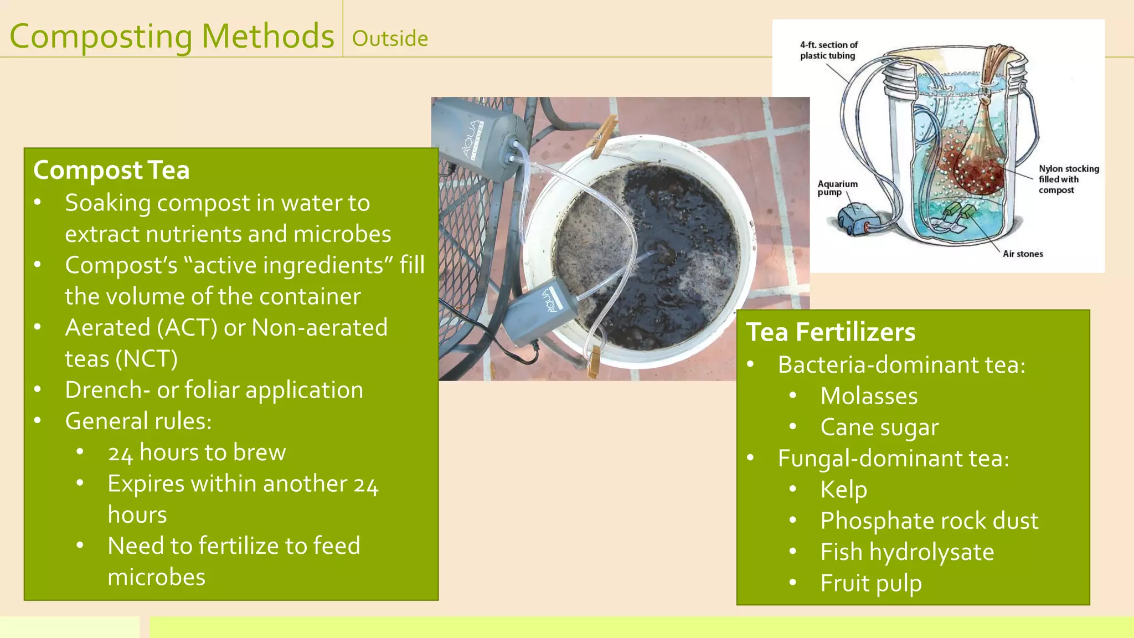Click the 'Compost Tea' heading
pos(111,170)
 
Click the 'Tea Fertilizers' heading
pos(831,332)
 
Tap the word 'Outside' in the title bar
pos(390,39)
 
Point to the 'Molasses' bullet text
pos(869,396)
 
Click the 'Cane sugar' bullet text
pos(879,428)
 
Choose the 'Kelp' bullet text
pos(843,490)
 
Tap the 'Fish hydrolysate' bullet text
pos(907,552)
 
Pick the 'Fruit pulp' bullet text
pos(871,583)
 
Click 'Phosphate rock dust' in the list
pos(929,521)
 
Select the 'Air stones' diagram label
pos(1023,254)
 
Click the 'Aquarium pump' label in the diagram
pos(837,188)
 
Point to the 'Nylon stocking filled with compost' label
pos(1068,179)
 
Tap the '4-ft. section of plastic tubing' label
pos(828,50)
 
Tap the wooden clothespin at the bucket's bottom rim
pos(593,361)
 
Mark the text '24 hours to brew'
pos(197,452)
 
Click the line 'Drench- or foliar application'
pos(214,390)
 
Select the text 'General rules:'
pos(138,421)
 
